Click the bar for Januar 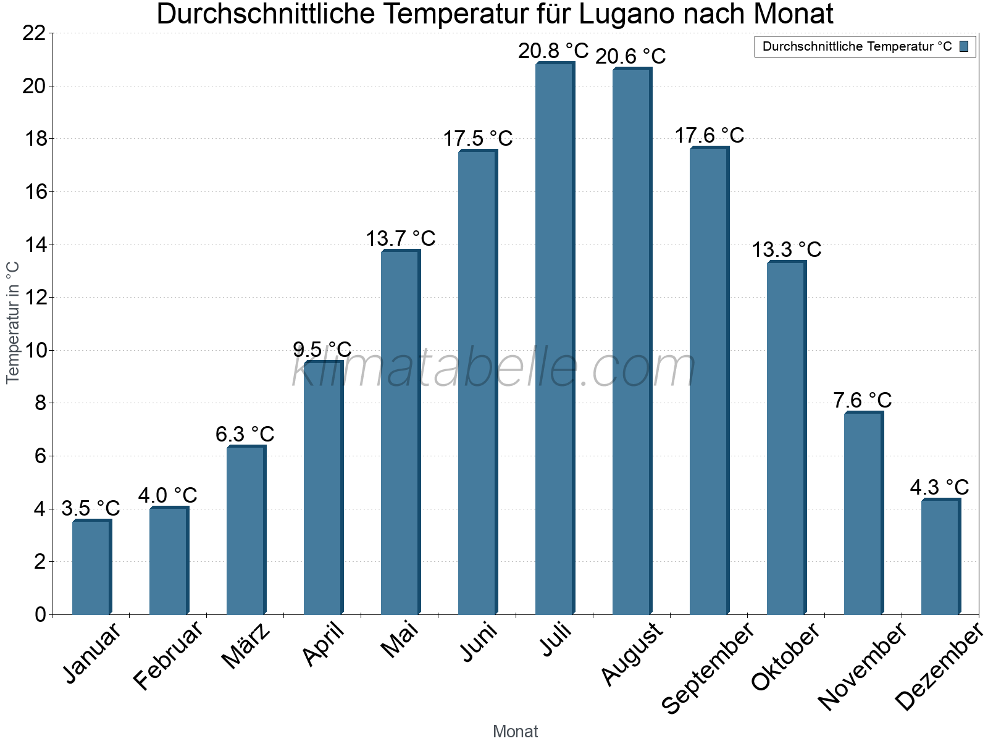[91, 567]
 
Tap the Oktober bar [786, 438]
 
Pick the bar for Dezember [940, 556]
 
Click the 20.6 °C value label [630, 56]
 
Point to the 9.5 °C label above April [322, 350]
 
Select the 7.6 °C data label [862, 400]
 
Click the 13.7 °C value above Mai [400, 238]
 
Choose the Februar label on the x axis [168, 655]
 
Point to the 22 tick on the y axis [34, 33]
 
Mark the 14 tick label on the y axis [34, 245]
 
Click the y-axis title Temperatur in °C [13, 322]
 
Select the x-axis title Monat [516, 732]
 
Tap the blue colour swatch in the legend [965, 46]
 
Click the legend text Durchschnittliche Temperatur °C [857, 46]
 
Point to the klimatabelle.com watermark [494, 368]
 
